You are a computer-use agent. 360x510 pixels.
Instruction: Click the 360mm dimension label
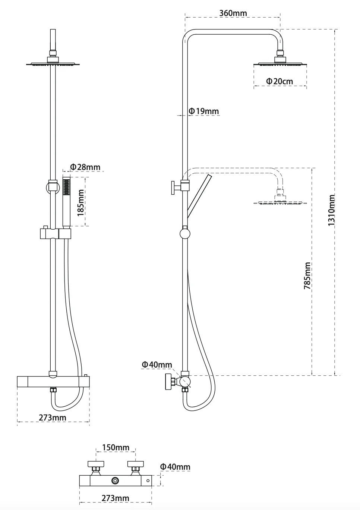point(233,13)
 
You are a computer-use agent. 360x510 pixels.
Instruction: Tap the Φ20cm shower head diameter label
point(280,81)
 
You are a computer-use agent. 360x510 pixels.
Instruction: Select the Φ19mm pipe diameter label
point(204,111)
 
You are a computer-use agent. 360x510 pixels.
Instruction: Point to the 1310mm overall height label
point(331,210)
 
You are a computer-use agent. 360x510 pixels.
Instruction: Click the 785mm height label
point(307,276)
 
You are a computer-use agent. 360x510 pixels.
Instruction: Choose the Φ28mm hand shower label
point(85,167)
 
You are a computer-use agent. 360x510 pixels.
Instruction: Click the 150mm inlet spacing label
point(116,447)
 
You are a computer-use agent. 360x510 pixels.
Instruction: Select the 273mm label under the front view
point(53,418)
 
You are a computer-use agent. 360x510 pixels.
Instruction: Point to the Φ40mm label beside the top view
point(175,467)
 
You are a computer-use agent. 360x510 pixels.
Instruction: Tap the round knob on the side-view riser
point(185,234)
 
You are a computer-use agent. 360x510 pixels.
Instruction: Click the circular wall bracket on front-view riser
point(53,187)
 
